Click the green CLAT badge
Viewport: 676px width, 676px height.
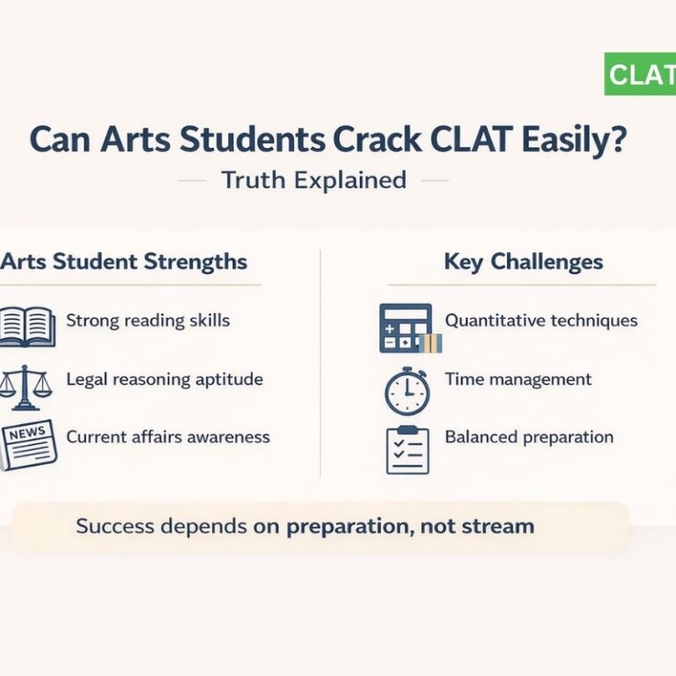pyautogui.click(x=640, y=75)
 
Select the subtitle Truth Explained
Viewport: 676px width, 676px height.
pyautogui.click(x=313, y=180)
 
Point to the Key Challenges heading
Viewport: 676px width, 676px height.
pyautogui.click(x=523, y=261)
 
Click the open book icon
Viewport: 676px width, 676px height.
pyautogui.click(x=26, y=325)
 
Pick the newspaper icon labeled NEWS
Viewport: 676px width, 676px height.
pyautogui.click(x=28, y=445)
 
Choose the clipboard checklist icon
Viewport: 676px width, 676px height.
pyautogui.click(x=408, y=449)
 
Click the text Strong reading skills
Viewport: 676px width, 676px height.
pyautogui.click(x=148, y=320)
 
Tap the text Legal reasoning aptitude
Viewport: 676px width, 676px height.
pyautogui.click(x=165, y=379)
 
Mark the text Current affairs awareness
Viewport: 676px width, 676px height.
pyautogui.click(x=168, y=437)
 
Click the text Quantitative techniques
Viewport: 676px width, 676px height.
pyautogui.click(x=541, y=320)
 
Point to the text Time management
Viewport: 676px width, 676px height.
pyautogui.click(x=518, y=379)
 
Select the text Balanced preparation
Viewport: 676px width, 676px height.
pyautogui.click(x=529, y=437)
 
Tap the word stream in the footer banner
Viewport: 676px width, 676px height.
pyautogui.click(x=500, y=527)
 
